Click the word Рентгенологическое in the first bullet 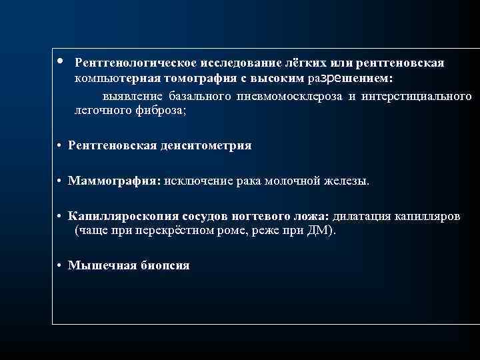127,62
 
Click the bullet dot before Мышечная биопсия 60,265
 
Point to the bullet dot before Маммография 60,181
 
